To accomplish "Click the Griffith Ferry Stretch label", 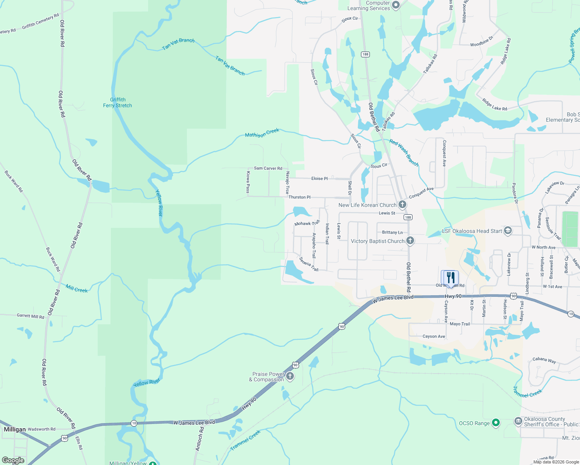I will [x=117, y=103].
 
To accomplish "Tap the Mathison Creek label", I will [x=262, y=133].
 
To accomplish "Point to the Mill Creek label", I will [x=77, y=289].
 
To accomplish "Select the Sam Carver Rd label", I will [x=268, y=168].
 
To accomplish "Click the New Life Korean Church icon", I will [x=402, y=204].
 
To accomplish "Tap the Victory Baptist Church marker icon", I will [x=410, y=241].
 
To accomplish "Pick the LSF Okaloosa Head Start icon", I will [x=507, y=231].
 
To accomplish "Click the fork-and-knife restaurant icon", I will [x=450, y=277].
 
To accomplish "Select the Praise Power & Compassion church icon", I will [x=290, y=376].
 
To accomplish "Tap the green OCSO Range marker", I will [x=496, y=423].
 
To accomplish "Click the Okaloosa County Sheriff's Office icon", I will [x=518, y=421].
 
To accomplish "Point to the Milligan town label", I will [x=15, y=429].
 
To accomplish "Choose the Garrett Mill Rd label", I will [x=31, y=316].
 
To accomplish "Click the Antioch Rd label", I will [x=200, y=439].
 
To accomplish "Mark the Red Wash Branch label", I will [x=404, y=153].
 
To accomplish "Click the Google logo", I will [x=13, y=460].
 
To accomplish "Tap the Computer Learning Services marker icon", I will [x=396, y=5].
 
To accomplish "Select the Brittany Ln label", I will [x=392, y=232].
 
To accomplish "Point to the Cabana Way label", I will [x=544, y=360].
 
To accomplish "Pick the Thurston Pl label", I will [x=299, y=197].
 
